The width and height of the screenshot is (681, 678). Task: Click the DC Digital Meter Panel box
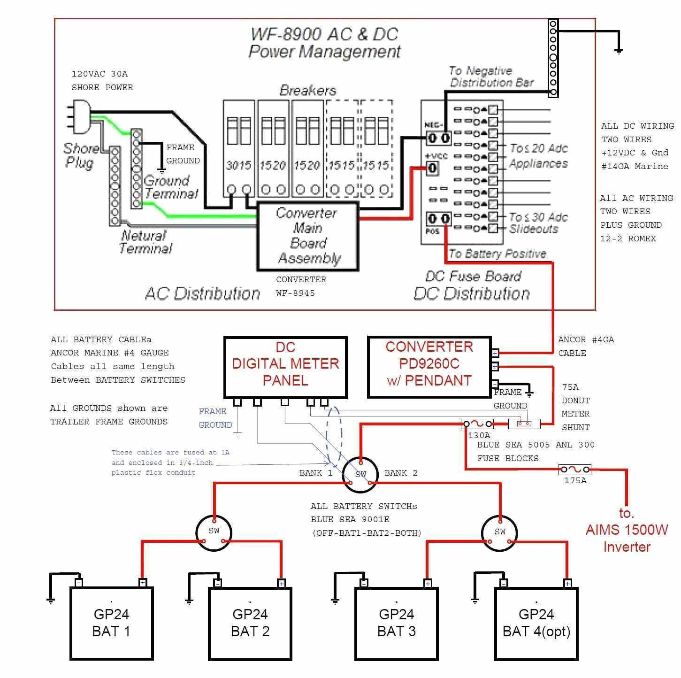(x=285, y=367)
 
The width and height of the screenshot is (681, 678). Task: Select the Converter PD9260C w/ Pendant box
(x=429, y=367)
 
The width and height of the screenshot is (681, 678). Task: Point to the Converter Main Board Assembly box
(x=307, y=236)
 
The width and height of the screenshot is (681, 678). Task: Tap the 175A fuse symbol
(x=574, y=470)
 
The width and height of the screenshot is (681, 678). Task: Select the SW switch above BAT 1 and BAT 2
(x=214, y=532)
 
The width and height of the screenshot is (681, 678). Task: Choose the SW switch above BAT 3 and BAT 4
(x=500, y=532)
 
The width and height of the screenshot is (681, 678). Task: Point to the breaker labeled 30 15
(x=238, y=148)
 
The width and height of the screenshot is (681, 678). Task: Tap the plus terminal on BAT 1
(x=143, y=583)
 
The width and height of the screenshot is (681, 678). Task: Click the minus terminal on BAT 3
(x=364, y=583)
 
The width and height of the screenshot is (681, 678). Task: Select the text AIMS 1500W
(x=627, y=530)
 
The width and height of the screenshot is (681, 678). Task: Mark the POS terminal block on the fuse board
(x=439, y=219)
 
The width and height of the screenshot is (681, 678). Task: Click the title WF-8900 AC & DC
(x=324, y=34)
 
